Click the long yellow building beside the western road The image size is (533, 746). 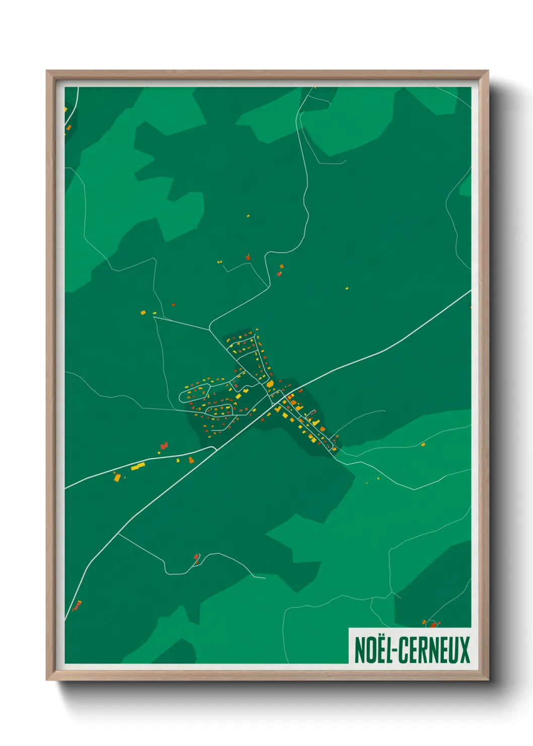tap(138, 467)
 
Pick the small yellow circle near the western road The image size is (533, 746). tap(178, 460)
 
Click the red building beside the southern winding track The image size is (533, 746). tap(196, 556)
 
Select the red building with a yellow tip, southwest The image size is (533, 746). tap(77, 605)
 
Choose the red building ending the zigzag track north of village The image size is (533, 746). tap(248, 258)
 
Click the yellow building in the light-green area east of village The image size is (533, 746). tap(423, 445)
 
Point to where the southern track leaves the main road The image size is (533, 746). tap(119, 534)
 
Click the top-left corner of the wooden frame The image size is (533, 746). tap(47, 71)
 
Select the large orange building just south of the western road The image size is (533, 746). tap(117, 477)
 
